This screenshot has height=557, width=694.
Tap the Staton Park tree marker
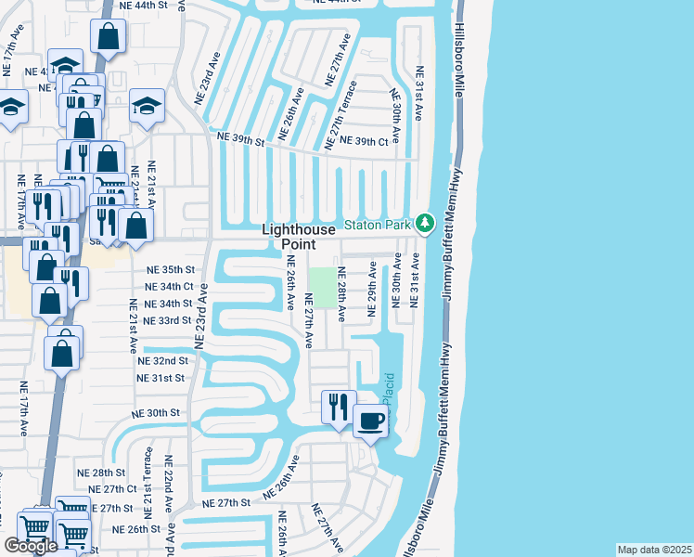coord(425,224)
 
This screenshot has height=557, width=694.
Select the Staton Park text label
coord(379,225)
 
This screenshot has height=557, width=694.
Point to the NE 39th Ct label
coord(364,141)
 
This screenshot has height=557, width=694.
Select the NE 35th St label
coord(169,269)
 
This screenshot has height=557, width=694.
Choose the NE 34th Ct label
coord(169,287)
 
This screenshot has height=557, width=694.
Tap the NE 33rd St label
coord(168,320)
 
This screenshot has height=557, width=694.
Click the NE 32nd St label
coord(163,360)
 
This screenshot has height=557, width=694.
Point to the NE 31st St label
coord(161,378)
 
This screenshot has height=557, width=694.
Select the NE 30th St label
coord(156,413)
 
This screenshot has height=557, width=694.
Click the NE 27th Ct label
coord(113,489)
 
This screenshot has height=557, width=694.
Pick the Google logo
coord(32,546)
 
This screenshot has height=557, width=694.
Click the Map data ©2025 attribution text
coord(654,550)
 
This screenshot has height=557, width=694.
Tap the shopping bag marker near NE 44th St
coord(108,37)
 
